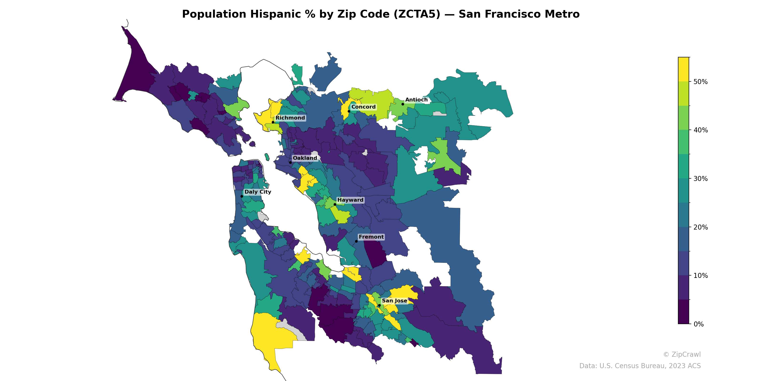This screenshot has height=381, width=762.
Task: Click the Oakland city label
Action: point(305,158)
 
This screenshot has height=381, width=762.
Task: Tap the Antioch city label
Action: point(416,100)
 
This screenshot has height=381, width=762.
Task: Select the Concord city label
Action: point(363,107)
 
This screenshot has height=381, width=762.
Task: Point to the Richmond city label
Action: point(290,118)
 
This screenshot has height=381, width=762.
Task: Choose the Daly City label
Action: point(258,192)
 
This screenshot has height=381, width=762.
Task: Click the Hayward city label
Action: point(350,200)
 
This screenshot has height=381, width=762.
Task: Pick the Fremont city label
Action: point(371,237)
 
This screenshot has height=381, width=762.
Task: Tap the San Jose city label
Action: point(394,301)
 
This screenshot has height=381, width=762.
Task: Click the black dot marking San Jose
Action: point(379,305)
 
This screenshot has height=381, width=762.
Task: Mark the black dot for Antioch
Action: point(403,104)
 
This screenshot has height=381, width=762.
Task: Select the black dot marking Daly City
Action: point(242,196)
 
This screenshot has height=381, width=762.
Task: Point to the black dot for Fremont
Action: point(356,241)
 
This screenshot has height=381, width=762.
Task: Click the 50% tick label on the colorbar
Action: point(701,82)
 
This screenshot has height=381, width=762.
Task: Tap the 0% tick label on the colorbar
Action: point(698,324)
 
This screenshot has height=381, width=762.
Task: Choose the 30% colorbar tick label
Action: point(701,179)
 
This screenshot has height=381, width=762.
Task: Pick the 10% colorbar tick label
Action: point(701,276)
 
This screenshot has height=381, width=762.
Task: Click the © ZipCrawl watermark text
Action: point(682,354)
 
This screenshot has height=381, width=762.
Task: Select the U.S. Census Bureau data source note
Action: point(640,366)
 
